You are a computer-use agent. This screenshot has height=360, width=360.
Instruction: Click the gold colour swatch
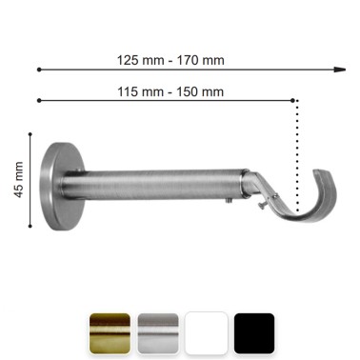click(110, 333)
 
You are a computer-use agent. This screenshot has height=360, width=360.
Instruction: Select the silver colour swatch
click(158, 333)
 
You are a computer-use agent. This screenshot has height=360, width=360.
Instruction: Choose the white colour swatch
click(207, 333)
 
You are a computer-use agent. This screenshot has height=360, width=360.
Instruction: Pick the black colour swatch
click(254, 333)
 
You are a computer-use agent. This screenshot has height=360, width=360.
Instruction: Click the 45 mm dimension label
click(19, 180)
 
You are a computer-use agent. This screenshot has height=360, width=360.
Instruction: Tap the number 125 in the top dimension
click(128, 60)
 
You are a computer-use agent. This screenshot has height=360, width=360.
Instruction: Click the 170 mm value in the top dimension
click(200, 60)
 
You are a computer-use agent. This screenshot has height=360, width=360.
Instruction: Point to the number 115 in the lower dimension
click(128, 92)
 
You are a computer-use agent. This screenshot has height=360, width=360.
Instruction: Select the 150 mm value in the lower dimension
click(200, 92)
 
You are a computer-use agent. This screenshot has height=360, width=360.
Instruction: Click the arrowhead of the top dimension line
click(340, 70)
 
